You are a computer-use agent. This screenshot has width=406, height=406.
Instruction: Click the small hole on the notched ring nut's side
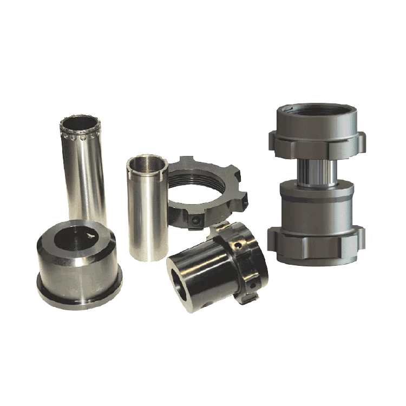(195, 220)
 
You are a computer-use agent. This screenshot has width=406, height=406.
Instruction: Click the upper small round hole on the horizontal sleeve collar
(238, 245)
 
